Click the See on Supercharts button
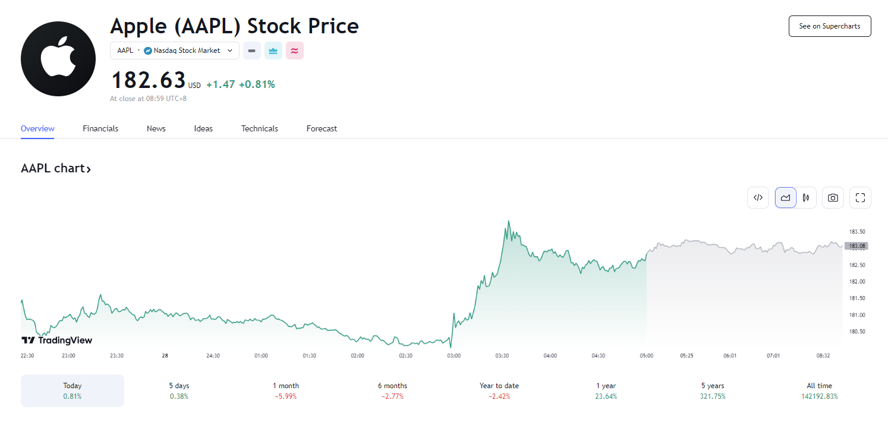829,27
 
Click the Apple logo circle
58,59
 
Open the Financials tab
100,128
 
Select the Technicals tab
259,128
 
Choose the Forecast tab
322,128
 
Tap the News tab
156,128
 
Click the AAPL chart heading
56,168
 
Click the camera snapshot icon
833,198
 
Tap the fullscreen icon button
860,198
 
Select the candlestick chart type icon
806,198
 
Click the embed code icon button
758,198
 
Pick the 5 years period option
713,391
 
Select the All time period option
819,391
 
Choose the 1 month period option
286,391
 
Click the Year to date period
499,391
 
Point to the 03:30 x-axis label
502,355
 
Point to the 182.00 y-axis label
856,282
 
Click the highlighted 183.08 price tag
856,245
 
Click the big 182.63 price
149,80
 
